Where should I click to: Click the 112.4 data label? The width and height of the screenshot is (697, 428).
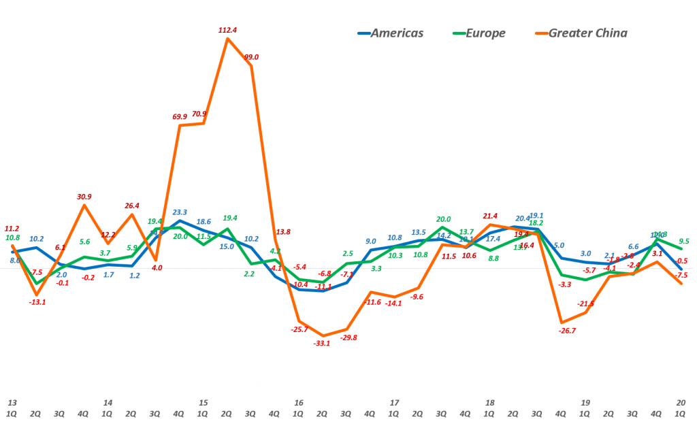pos(229,29)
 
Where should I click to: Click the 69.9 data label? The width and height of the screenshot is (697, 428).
pos(180,116)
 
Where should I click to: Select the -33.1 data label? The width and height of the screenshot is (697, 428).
pos(322,343)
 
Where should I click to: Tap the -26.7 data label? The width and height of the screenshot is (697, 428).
pos(567,330)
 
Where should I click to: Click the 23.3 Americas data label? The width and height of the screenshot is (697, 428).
pos(180,212)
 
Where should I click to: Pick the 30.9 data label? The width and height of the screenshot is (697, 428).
pos(84,197)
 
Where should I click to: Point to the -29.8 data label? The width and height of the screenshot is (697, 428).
pos(348,337)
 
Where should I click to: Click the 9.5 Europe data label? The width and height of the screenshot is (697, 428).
pos(684,240)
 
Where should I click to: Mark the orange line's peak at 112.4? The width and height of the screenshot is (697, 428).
pos(228,38)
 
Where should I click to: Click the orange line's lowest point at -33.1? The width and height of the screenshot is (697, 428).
pos(323,335)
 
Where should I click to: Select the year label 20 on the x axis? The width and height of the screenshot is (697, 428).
pos(681,403)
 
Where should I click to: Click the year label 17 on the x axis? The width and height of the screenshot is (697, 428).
pos(394,403)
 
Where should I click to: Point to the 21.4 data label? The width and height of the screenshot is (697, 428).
pos(490,216)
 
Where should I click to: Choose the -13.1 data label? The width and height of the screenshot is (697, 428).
pos(37,302)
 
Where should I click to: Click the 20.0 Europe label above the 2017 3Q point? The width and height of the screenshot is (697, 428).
pos(444,219)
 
